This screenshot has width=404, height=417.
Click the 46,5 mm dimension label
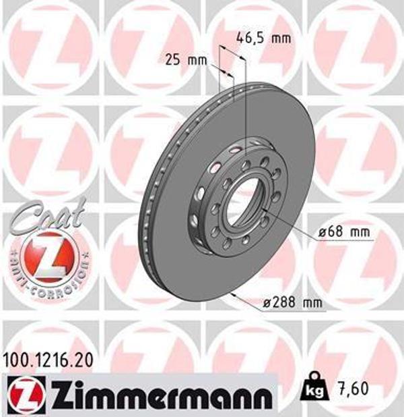264,38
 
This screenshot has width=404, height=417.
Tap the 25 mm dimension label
186,60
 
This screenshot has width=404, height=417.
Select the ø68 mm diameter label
345,232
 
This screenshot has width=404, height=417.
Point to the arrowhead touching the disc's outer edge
232,294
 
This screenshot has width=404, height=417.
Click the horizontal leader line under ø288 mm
290,312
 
